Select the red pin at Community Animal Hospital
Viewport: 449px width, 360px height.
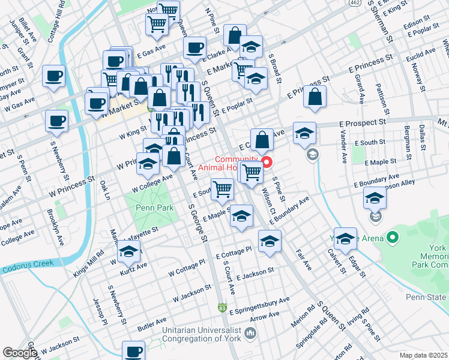pyautogui.click(x=267, y=162)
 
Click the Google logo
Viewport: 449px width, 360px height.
pyautogui.click(x=19, y=353)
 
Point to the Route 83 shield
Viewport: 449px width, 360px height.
pyautogui.click(x=223, y=308)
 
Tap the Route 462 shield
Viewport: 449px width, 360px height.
pyautogui.click(x=355, y=3)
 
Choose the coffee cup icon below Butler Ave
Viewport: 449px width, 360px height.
pyautogui.click(x=133, y=351)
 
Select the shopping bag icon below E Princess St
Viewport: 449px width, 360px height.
pyautogui.click(x=315, y=97)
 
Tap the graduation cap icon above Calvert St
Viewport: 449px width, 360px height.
pyautogui.click(x=345, y=238)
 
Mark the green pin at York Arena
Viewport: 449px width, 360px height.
pyautogui.click(x=393, y=238)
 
